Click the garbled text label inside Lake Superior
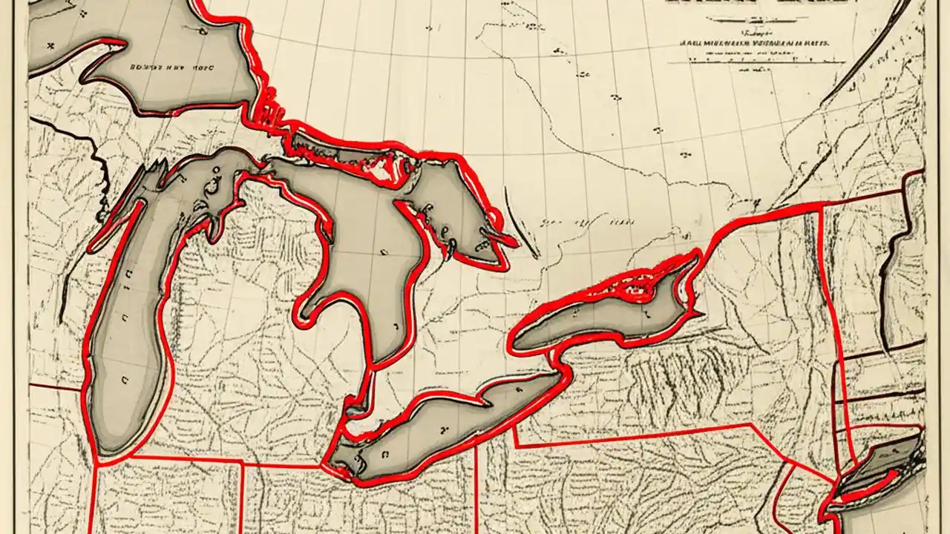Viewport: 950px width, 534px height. [x=171, y=66]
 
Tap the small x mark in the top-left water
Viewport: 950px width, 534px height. [x=51, y=45]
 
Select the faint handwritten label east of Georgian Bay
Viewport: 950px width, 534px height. [x=586, y=222]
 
